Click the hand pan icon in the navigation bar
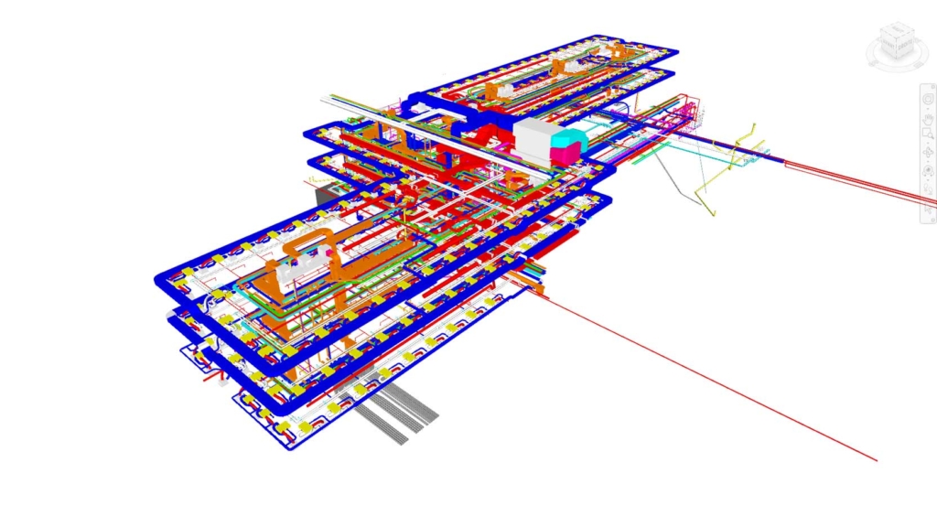pyautogui.click(x=927, y=114)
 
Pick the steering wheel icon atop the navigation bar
pyautogui.click(x=927, y=95)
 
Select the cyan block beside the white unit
pyautogui.click(x=572, y=140)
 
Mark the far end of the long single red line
pyautogui.click(x=876, y=459)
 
